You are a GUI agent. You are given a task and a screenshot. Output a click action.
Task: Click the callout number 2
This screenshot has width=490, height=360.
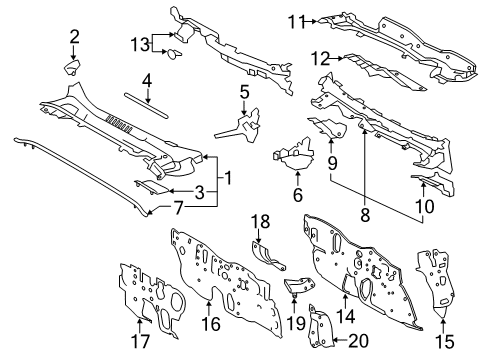(x=74, y=38)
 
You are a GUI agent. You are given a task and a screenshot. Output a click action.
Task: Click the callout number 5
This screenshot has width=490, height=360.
(x=243, y=94)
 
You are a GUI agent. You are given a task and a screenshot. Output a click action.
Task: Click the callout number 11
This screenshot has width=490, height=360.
(x=295, y=19)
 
